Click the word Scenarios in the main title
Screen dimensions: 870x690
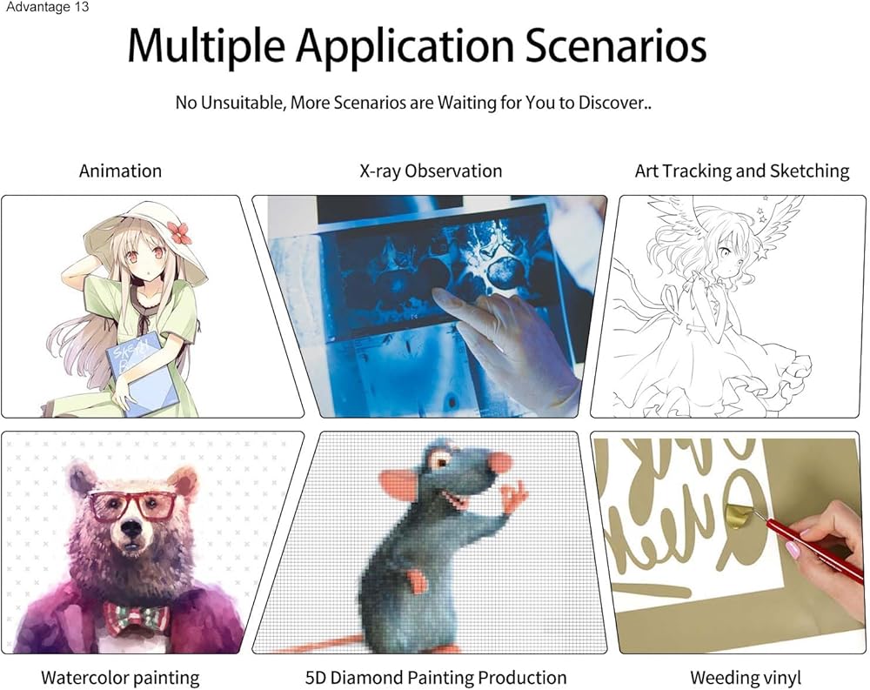(615, 45)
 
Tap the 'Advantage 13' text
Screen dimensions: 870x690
(47, 7)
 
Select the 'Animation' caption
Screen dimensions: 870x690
(120, 171)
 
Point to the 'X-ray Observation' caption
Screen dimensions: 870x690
(431, 171)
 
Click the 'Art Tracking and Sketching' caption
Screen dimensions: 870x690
(742, 171)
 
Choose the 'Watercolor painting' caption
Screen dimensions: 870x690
(120, 677)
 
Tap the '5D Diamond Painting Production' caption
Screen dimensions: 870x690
(436, 677)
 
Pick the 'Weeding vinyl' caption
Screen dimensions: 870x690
(746, 677)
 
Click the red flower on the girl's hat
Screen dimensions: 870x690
(180, 232)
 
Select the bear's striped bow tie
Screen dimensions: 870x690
(137, 618)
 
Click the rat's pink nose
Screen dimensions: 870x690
(501, 462)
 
